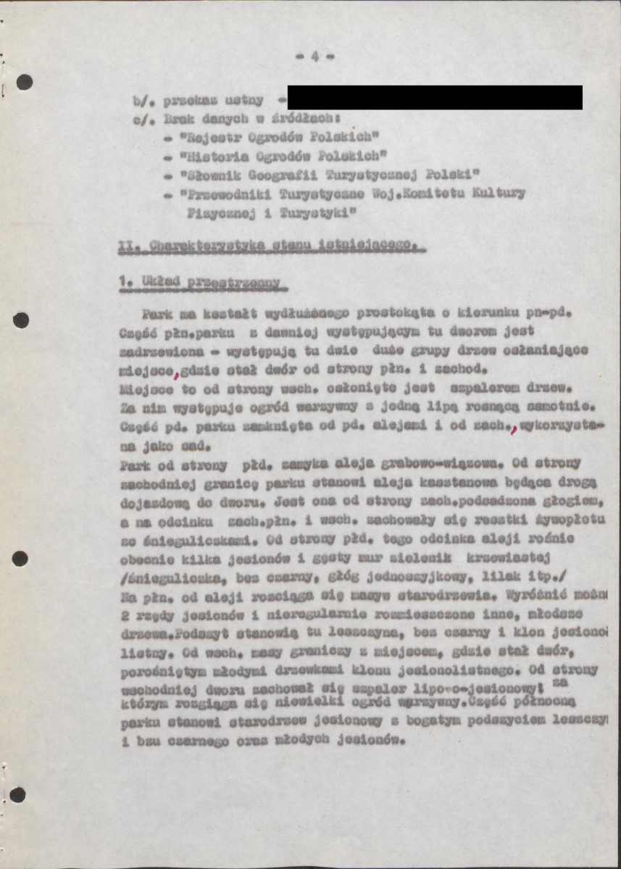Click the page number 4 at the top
315,57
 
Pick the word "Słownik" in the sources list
212,175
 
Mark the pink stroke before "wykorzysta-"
514,429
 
